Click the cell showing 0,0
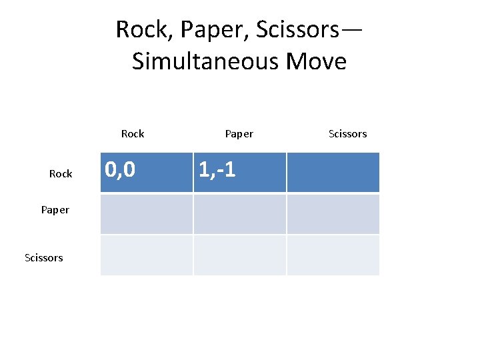pyautogui.click(x=147, y=172)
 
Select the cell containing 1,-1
pyautogui.click(x=240, y=172)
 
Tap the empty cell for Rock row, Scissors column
pyautogui.click(x=333, y=172)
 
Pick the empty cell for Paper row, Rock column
pyautogui.click(x=147, y=214)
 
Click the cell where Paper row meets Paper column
pyautogui.click(x=240, y=214)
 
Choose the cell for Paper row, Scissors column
pyautogui.click(x=333, y=214)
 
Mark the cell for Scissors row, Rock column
pyautogui.click(x=147, y=255)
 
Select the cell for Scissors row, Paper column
pyautogui.click(x=240, y=255)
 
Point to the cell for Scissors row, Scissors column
pyautogui.click(x=333, y=255)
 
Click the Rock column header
pyautogui.click(x=133, y=134)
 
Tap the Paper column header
pyautogui.click(x=239, y=134)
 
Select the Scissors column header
pyautogui.click(x=347, y=134)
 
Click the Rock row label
pyautogui.click(x=61, y=174)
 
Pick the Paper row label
pyautogui.click(x=55, y=210)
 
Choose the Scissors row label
pyautogui.click(x=43, y=257)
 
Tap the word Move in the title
pyautogui.click(x=316, y=61)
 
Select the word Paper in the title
pyautogui.click(x=209, y=30)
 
